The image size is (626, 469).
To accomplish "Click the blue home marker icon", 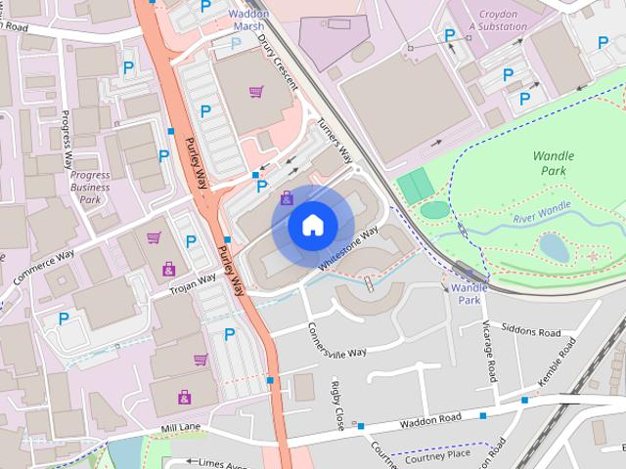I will tap(311, 226).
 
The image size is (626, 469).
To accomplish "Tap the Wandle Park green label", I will tap(554, 163).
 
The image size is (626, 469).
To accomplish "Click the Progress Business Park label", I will tap(90, 187).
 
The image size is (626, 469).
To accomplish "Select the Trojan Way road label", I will tap(194, 282).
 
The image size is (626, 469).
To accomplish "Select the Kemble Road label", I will tap(560, 371).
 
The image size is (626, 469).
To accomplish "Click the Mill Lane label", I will tap(180, 428).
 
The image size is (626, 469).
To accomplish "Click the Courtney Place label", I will tap(437, 453).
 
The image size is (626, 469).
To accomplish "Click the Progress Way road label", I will tap(67, 148).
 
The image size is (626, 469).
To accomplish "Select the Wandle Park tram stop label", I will tap(469, 294).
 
